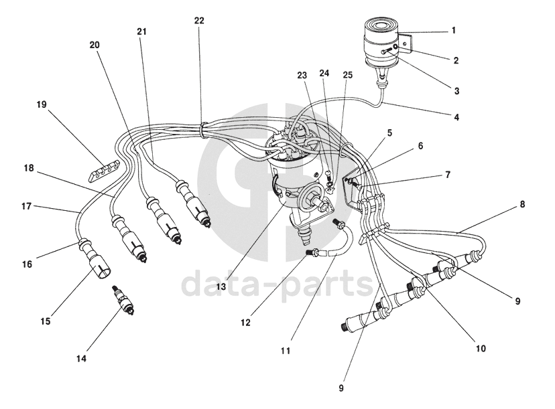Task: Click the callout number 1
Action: [x=453, y=30]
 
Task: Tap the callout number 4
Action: [x=456, y=117]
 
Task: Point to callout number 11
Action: [x=287, y=350]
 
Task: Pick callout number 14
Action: [x=82, y=358]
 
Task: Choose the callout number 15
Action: [x=44, y=322]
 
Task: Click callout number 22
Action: [x=199, y=21]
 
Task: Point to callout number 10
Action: [x=480, y=348]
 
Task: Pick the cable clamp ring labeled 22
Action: [x=202, y=125]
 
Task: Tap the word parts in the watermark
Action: [x=327, y=284]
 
